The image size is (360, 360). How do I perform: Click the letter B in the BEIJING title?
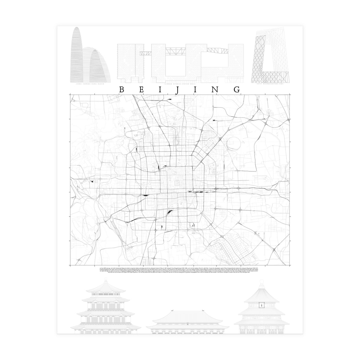(122, 90)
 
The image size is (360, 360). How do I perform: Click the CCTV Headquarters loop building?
(270, 58)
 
